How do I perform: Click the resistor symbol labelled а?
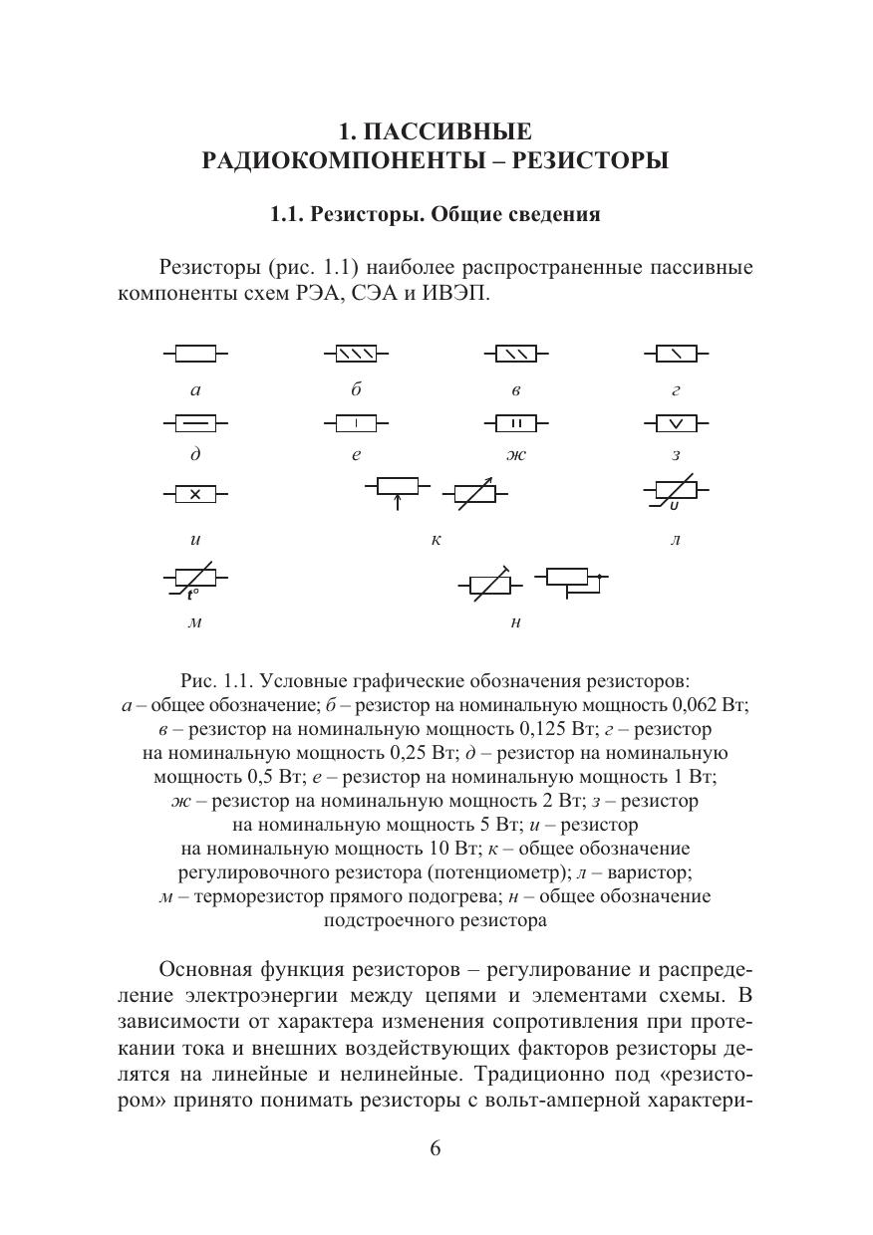click(x=195, y=354)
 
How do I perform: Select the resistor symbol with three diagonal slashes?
click(x=356, y=354)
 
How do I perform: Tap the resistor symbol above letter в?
click(x=516, y=354)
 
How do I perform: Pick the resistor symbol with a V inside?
click(x=677, y=424)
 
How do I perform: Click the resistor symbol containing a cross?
click(x=195, y=494)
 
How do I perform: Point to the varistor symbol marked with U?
click(x=677, y=492)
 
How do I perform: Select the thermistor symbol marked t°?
click(x=195, y=580)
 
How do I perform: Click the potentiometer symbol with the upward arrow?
click(x=398, y=488)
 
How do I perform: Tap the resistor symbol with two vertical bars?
click(x=516, y=424)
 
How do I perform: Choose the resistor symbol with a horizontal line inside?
click(x=195, y=424)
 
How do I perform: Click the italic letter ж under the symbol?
click(x=516, y=455)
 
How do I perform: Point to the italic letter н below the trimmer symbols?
click(x=515, y=623)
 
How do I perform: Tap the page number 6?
click(x=436, y=1148)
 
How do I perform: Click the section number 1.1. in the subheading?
click(x=290, y=215)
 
